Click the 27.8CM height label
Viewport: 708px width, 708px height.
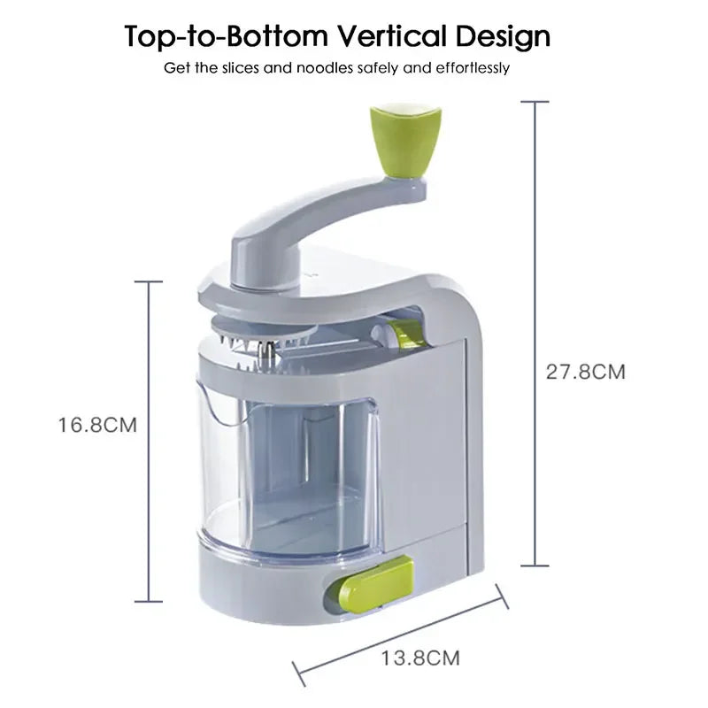(584, 372)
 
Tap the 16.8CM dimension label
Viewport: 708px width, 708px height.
(97, 425)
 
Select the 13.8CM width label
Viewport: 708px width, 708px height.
(420, 658)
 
